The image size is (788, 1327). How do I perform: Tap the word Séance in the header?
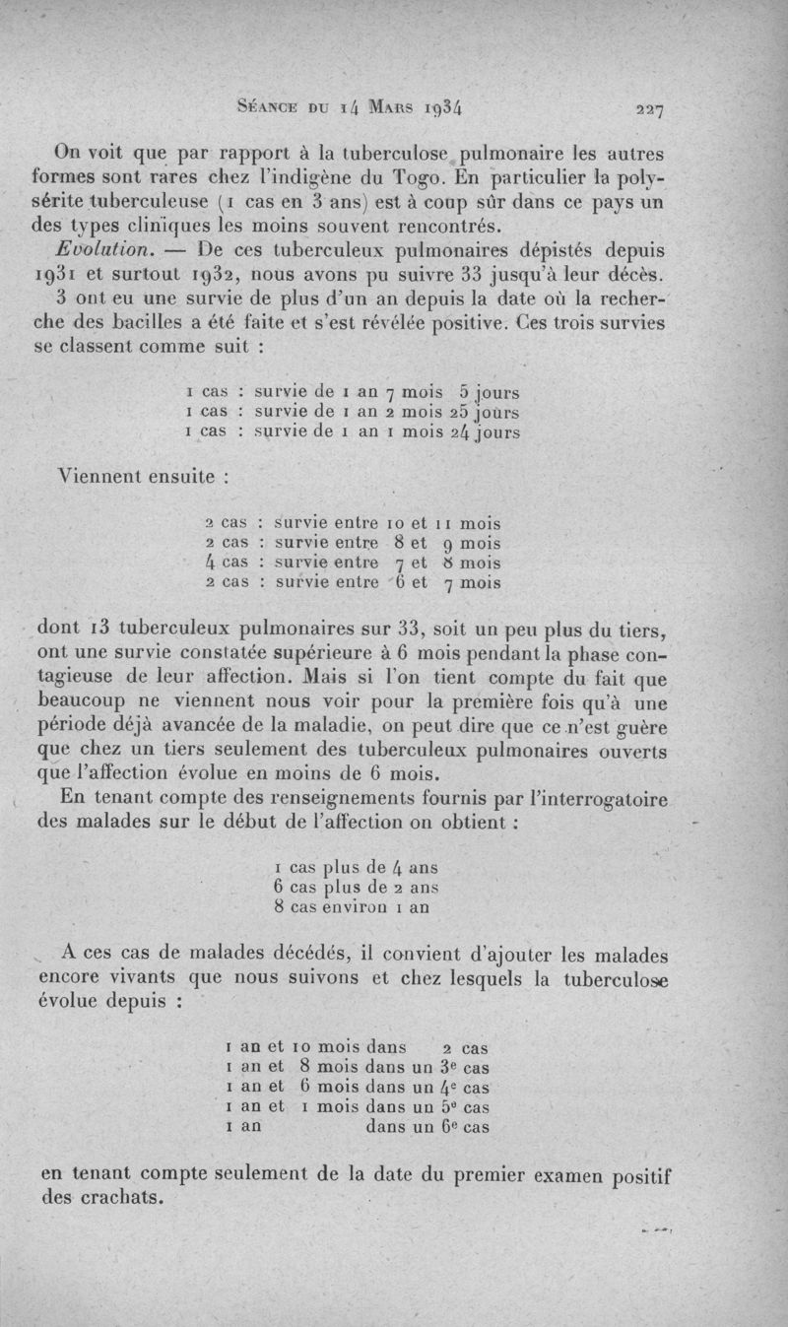click(267, 108)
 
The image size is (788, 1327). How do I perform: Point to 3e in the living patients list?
click(448, 1066)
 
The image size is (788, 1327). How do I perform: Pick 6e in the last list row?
click(448, 1127)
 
